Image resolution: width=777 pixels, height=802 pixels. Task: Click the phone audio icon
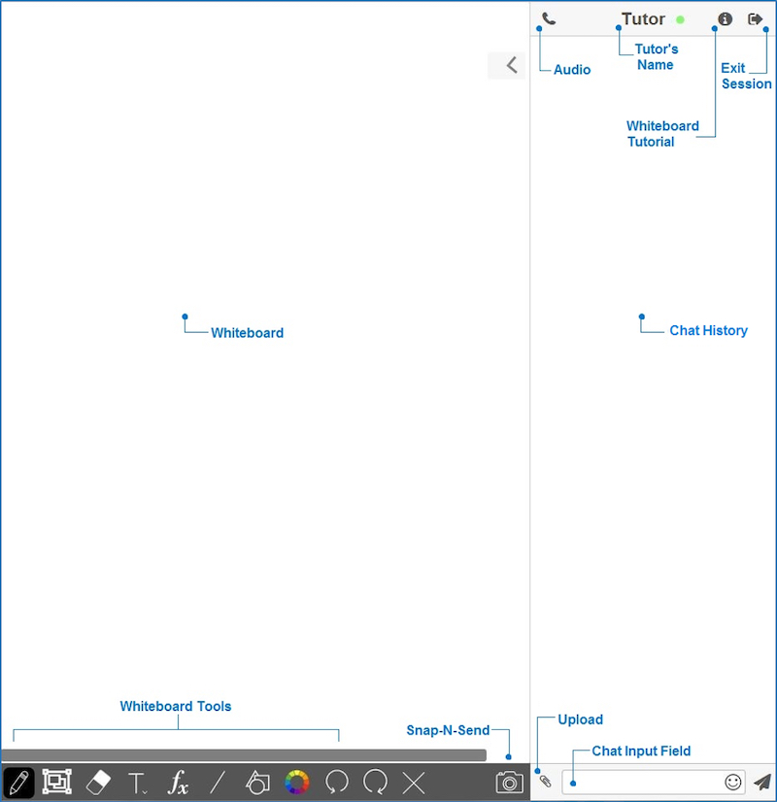[x=549, y=18]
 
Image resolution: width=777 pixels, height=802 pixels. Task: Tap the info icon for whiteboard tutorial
[x=725, y=18]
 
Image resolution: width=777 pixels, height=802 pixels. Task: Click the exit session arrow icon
[x=755, y=18]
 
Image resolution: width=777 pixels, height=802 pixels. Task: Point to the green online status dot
[x=680, y=19]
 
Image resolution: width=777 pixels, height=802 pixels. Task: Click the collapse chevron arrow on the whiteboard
[x=512, y=65]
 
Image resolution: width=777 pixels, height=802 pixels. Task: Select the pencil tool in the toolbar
[x=18, y=782]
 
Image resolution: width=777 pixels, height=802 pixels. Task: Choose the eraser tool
[x=98, y=782]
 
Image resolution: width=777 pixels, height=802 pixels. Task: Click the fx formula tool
[x=178, y=783]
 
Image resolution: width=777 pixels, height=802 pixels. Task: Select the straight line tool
[x=218, y=783]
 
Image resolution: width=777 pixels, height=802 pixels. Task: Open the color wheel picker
[x=296, y=783]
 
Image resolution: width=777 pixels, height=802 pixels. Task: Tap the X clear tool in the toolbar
[x=414, y=783]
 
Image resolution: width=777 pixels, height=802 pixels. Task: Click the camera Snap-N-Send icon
[x=510, y=783]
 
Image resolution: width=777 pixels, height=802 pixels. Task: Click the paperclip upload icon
[x=545, y=781]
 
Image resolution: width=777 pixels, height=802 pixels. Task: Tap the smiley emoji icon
[x=733, y=782]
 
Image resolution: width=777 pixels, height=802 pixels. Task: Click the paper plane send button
[x=762, y=782]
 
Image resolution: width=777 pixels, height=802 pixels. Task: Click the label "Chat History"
[x=708, y=330]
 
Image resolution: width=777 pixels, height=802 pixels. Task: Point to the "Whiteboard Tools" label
[x=176, y=706]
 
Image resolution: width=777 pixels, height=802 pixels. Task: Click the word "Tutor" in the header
[x=643, y=18]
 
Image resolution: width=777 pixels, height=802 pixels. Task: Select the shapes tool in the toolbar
[x=257, y=783]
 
